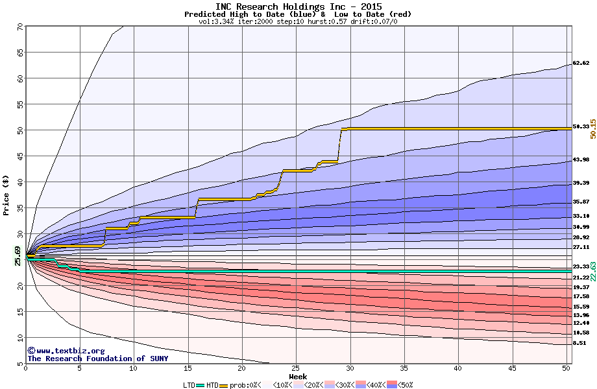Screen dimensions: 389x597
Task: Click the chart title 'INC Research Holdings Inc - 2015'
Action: click(x=298, y=6)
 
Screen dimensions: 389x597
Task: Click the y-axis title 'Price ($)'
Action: click(x=6, y=194)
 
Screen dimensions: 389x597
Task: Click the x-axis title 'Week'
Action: click(x=298, y=376)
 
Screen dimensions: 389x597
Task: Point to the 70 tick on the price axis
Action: click(x=19, y=27)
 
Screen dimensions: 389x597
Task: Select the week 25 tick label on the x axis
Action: click(x=296, y=368)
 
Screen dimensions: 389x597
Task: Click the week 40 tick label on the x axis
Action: click(x=458, y=368)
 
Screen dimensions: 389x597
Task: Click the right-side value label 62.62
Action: click(x=581, y=64)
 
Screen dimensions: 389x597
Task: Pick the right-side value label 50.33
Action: click(x=581, y=126)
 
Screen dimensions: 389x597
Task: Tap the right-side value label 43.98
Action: click(x=581, y=159)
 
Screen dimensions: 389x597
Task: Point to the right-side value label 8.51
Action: click(x=579, y=342)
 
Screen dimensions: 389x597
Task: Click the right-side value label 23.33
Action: click(x=581, y=266)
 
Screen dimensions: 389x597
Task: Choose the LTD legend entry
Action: click(x=189, y=384)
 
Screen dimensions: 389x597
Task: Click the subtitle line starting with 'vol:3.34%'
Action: click(x=298, y=21)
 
